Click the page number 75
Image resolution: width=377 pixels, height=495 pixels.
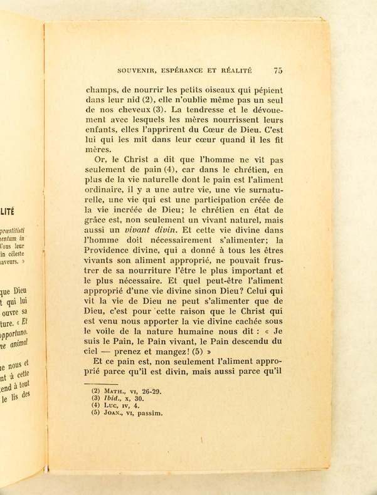(277, 71)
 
